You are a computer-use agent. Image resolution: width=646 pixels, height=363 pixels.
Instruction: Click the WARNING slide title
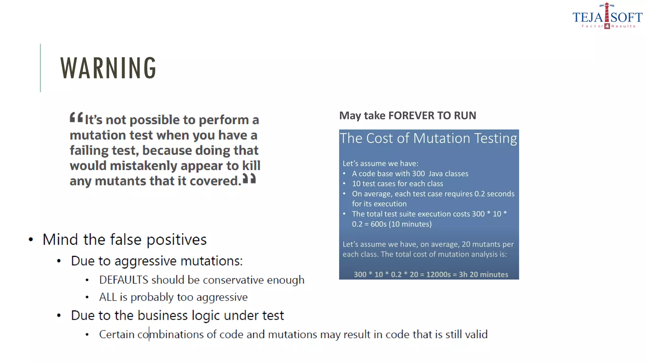pyautogui.click(x=108, y=68)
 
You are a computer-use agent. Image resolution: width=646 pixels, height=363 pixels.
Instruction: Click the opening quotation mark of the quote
pyautogui.click(x=76, y=118)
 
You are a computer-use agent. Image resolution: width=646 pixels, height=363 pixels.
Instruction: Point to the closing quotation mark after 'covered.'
pyautogui.click(x=249, y=179)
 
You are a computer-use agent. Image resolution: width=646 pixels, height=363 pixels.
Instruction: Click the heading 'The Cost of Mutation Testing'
pyautogui.click(x=428, y=138)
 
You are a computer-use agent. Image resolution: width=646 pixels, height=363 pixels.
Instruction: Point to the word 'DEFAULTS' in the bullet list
pyautogui.click(x=124, y=280)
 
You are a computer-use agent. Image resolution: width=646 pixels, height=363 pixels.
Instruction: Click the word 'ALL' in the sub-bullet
pyautogui.click(x=108, y=297)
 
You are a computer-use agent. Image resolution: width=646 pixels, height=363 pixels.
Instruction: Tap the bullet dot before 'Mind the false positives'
pyautogui.click(x=31, y=239)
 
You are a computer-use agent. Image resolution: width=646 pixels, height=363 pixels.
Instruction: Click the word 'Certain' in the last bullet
pyautogui.click(x=117, y=334)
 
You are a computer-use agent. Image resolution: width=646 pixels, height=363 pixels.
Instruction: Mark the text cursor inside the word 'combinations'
pyautogui.click(x=149, y=334)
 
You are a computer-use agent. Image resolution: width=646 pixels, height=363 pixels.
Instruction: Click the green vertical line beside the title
pyautogui.click(x=40, y=68)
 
